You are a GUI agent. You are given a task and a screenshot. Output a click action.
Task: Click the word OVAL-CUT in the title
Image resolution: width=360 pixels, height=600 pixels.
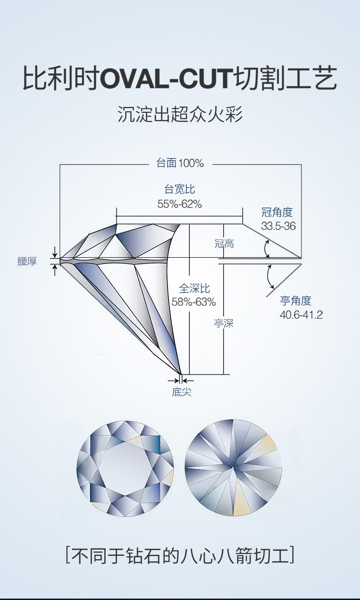point(167,79)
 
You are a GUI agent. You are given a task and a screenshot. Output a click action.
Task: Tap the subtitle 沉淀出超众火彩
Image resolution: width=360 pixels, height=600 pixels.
point(180,114)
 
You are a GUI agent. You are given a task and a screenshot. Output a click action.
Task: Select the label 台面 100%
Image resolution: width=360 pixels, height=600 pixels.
point(180,163)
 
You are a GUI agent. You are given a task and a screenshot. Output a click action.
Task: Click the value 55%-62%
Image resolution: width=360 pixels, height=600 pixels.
point(180,204)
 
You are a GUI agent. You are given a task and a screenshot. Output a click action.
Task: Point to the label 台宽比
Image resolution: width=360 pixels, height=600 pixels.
point(180,189)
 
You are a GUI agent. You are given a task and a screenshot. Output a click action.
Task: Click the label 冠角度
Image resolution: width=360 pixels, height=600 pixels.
point(277,213)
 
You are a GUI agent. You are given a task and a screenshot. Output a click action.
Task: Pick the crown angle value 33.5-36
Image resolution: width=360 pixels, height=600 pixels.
point(278,226)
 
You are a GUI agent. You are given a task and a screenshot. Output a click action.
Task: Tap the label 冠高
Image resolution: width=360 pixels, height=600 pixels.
point(225,243)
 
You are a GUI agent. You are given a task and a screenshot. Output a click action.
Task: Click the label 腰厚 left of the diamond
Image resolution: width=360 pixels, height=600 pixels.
point(27,261)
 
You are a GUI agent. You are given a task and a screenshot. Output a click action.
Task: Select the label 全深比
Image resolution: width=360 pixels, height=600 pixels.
point(194,288)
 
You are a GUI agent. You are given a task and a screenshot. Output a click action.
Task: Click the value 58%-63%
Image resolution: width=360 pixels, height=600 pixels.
point(193,302)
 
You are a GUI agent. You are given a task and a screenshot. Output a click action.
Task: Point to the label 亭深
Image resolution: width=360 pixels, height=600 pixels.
point(224,324)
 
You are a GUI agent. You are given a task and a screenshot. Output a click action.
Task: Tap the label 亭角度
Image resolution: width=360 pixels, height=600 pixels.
point(296,301)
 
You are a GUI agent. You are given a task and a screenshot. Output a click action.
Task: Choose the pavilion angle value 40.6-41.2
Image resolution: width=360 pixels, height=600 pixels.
point(301,314)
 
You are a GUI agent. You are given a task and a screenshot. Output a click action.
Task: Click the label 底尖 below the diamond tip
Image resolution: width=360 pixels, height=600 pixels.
point(181,392)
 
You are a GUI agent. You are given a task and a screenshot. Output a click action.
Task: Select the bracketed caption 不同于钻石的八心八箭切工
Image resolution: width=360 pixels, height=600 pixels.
point(180,555)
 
